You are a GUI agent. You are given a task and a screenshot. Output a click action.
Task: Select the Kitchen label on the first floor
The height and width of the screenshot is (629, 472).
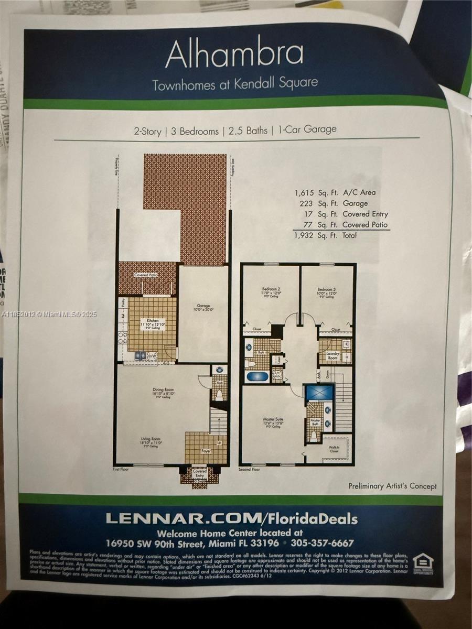(152, 321)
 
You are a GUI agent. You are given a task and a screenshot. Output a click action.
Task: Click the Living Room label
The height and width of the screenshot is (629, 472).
(151, 439)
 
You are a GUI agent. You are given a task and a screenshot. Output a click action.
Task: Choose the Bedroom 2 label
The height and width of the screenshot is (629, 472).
(272, 289)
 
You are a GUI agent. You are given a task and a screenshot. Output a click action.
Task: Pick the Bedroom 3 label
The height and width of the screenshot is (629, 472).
(326, 289)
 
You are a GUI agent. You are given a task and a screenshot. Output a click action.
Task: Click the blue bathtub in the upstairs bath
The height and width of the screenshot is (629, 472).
(257, 376)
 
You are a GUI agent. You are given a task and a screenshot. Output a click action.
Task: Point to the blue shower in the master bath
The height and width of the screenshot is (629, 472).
(319, 392)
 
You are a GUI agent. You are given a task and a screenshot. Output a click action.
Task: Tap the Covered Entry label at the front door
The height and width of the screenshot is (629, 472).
(200, 473)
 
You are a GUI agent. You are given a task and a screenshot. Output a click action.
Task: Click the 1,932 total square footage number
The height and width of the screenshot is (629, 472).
(305, 236)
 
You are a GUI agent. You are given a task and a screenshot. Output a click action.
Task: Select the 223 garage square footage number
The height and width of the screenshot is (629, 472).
(307, 203)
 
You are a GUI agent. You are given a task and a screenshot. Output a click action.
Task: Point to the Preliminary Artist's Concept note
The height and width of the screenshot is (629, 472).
(392, 486)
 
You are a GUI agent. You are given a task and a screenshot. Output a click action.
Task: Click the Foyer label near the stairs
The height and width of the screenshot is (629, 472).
(207, 451)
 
